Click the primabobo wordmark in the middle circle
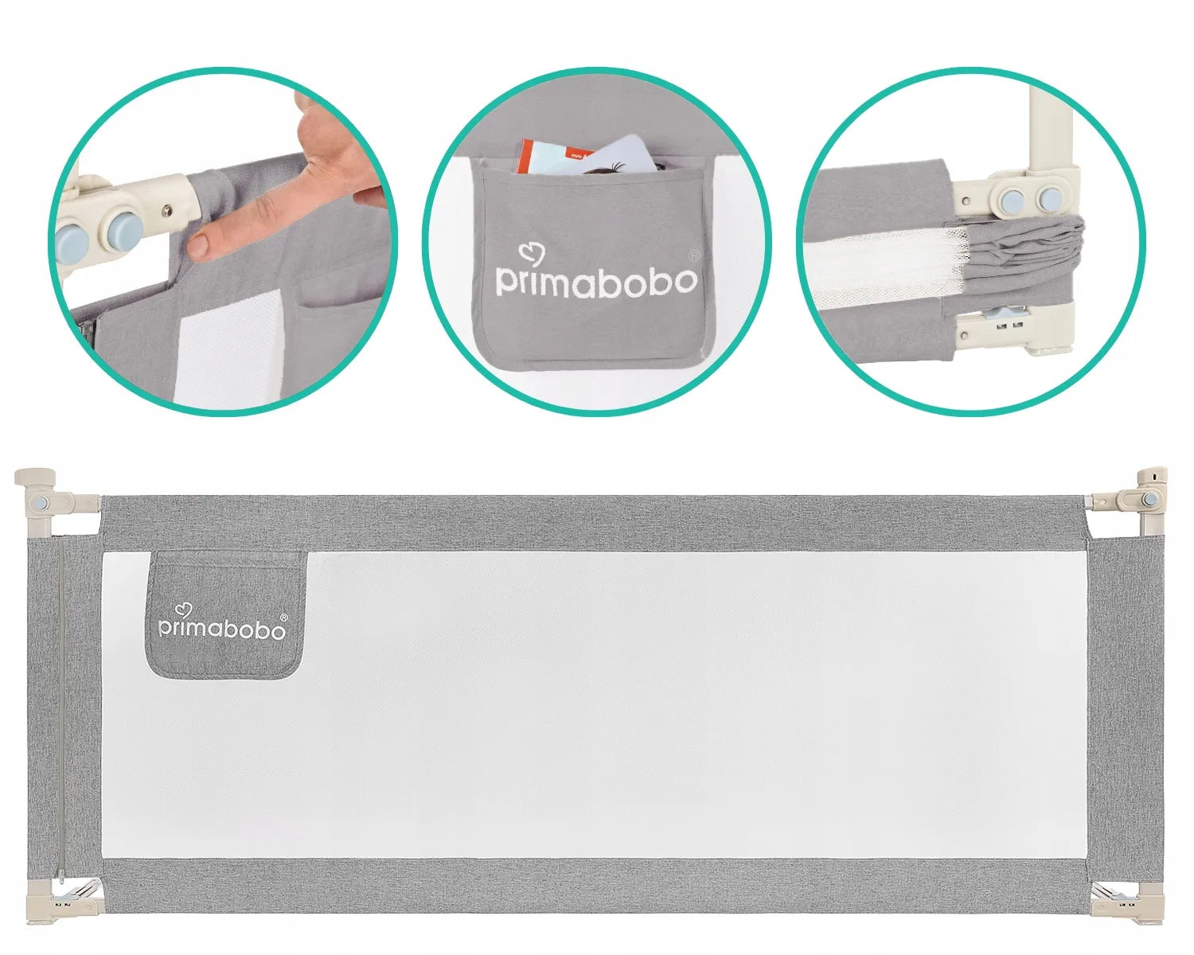596,283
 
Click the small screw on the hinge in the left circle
166,209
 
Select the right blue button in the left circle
126,230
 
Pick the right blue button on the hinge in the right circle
1049,197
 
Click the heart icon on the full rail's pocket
183,610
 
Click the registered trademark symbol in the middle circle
693,255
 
